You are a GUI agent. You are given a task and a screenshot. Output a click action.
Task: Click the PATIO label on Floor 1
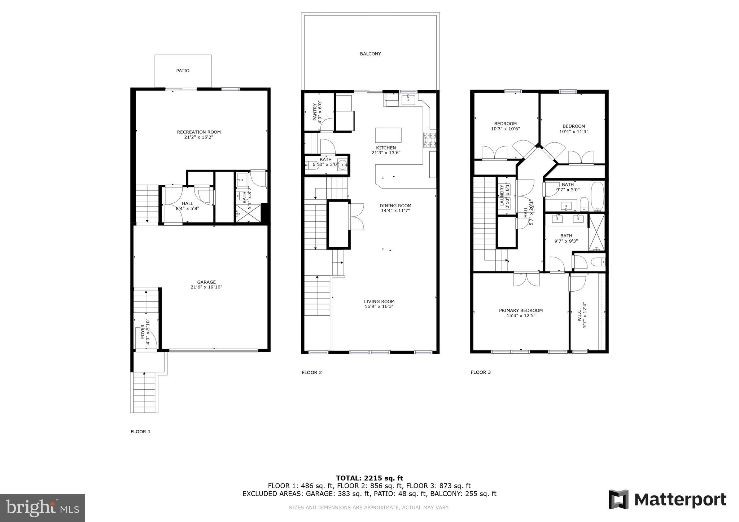(183, 71)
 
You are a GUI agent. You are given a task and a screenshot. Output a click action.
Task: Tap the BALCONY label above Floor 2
(370, 54)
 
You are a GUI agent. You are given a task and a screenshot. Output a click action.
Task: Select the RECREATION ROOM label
(199, 132)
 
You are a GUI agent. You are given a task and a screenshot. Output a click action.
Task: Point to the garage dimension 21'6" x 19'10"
(206, 287)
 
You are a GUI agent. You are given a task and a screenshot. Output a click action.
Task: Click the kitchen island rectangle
(388, 135)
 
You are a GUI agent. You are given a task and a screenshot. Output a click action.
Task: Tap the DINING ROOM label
(395, 205)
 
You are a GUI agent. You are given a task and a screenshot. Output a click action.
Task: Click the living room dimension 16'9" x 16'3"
(379, 306)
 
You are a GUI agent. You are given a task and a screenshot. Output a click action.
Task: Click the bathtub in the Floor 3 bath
(597, 196)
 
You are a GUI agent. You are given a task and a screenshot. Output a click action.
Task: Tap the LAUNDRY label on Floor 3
(502, 195)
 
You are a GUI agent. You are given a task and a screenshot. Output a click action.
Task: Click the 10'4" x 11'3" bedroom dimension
(574, 132)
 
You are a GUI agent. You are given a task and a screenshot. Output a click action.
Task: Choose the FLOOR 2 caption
(312, 372)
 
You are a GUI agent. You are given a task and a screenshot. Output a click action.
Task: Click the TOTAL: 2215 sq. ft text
(369, 478)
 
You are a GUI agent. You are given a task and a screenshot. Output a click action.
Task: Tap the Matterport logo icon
(618, 499)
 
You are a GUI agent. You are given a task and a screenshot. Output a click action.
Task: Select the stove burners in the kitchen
(429, 140)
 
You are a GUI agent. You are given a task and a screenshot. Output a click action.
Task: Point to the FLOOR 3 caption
(481, 372)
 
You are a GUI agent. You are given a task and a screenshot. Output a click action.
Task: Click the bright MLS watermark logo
(43, 508)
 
